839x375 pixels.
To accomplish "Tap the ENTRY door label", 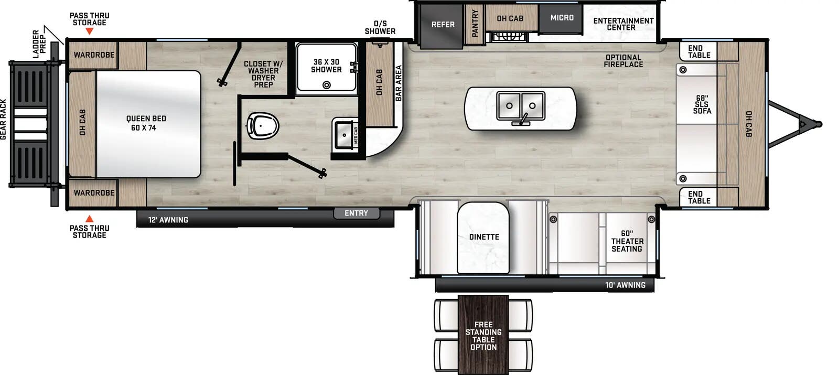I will tap(356, 213).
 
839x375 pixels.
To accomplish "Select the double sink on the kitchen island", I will tap(521, 106).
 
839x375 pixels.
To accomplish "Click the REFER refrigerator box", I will tap(443, 25).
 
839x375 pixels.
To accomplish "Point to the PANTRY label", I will tap(475, 24).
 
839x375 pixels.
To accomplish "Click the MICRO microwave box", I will tap(562, 18).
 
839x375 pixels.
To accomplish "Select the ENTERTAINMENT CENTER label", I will tap(623, 24).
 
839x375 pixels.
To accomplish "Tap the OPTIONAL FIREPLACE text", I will tap(623, 61).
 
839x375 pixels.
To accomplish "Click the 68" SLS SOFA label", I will tap(702, 104).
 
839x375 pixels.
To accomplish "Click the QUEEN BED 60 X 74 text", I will tap(146, 123).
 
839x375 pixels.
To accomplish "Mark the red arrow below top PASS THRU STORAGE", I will tap(90, 31).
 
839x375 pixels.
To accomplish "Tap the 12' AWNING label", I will tap(168, 220).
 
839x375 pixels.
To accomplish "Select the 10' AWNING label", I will tap(625, 285).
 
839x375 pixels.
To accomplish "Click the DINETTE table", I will tap(483, 237).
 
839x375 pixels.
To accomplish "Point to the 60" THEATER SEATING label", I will tap(627, 241).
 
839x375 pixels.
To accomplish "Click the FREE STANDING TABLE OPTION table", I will tap(483, 336).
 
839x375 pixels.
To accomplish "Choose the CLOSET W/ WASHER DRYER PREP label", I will tap(263, 74).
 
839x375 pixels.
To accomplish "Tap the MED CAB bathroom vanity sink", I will tap(344, 135).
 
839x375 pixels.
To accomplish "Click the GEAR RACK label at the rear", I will tap(4, 120).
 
